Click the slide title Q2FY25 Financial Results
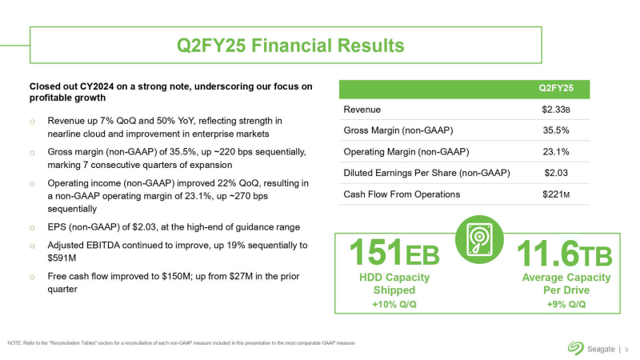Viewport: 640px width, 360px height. pos(320,44)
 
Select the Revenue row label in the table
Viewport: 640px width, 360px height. pos(362,109)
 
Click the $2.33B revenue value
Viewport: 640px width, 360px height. pos(555,109)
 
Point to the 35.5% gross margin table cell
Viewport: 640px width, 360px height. pos(555,130)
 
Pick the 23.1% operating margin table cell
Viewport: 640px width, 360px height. pos(555,151)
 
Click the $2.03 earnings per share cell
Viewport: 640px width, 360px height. pos(555,172)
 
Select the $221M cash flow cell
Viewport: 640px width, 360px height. pos(555,194)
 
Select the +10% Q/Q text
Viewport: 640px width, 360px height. pos(394,304)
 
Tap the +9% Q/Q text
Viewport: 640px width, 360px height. pos(566,304)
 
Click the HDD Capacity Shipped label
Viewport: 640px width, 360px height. pos(394,283)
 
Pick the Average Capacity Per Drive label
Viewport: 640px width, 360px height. pos(566,283)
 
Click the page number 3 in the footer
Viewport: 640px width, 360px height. pos(626,348)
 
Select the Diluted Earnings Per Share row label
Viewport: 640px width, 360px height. pos(426,172)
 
